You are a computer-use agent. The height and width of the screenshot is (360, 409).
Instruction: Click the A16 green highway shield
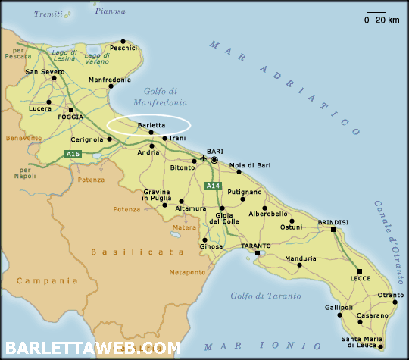point(73,154)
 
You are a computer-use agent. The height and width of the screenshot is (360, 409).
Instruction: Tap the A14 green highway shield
point(214,186)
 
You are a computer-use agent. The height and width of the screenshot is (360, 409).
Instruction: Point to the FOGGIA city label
point(70,117)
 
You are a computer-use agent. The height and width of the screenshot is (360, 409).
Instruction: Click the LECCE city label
point(360,279)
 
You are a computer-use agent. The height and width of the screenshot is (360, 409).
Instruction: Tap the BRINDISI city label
point(333,221)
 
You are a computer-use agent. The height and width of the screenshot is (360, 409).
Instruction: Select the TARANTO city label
point(256,246)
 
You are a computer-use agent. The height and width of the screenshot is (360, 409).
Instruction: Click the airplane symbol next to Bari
point(202,159)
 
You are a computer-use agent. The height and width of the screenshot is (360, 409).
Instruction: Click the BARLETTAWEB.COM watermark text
point(91,349)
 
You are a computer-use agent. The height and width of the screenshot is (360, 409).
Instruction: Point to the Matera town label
point(184,227)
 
